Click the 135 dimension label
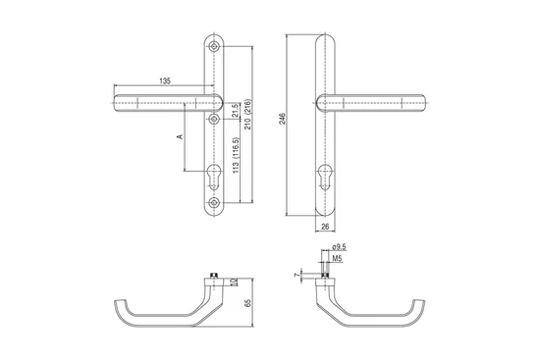[x=165, y=81]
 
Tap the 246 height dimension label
[x=282, y=119]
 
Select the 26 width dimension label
[x=325, y=227]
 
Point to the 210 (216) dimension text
[x=248, y=115]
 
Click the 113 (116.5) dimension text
[x=236, y=155]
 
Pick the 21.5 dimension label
[x=235, y=111]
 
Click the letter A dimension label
[x=180, y=136]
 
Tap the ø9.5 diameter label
[x=340, y=247]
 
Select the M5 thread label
[x=338, y=258]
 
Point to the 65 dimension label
[x=248, y=303]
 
